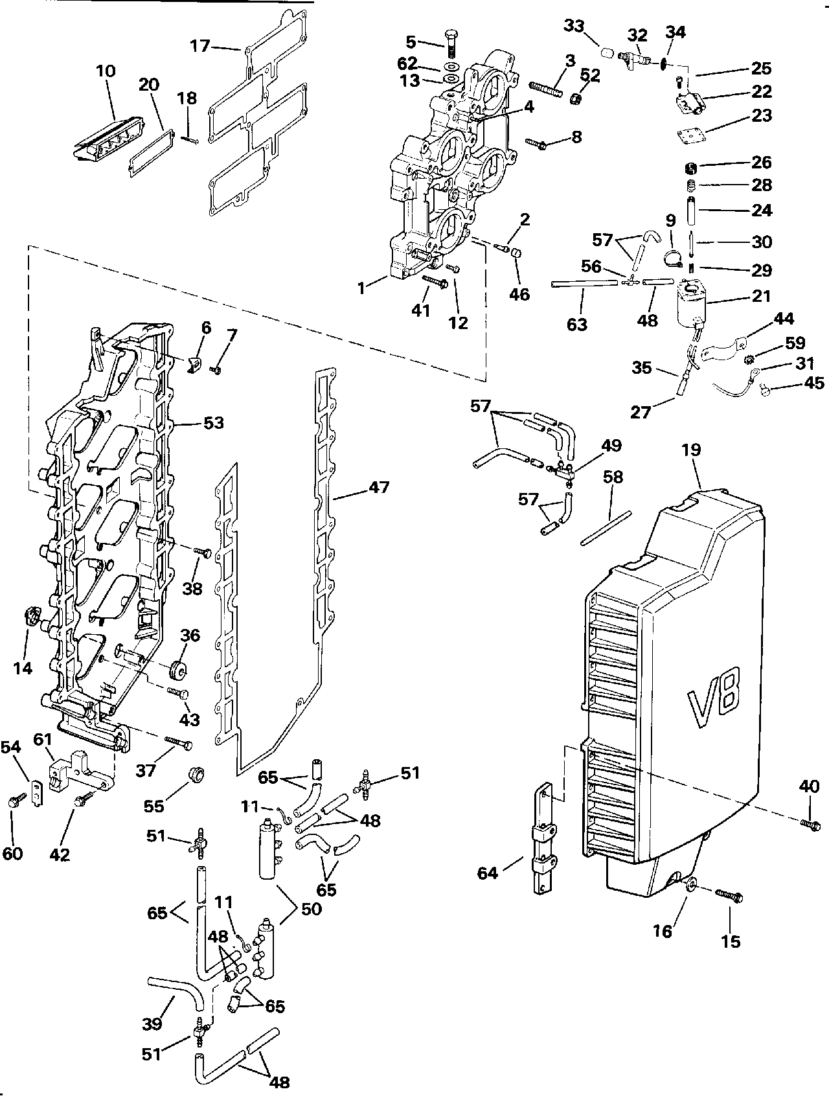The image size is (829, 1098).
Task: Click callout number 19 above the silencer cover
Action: click(692, 450)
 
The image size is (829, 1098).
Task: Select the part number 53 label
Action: click(213, 424)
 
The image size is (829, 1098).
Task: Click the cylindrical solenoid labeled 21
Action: click(691, 304)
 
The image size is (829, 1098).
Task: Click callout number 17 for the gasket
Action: click(200, 46)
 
